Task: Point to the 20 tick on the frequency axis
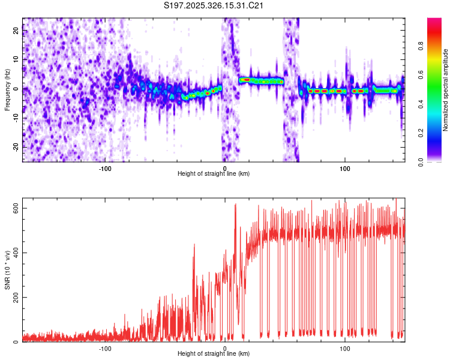pyautogui.click(x=16, y=31)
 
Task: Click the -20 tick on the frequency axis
pyautogui.click(x=16, y=147)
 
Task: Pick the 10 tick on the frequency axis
pyautogui.click(x=16, y=59)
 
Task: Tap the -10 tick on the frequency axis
pyautogui.click(x=16, y=118)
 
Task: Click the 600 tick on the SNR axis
pyautogui.click(x=14, y=208)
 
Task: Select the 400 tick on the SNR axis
pyautogui.click(x=14, y=253)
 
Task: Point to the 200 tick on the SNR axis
pyautogui.click(x=14, y=298)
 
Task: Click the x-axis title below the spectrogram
pyautogui.click(x=214, y=174)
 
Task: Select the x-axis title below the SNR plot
pyautogui.click(x=214, y=354)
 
